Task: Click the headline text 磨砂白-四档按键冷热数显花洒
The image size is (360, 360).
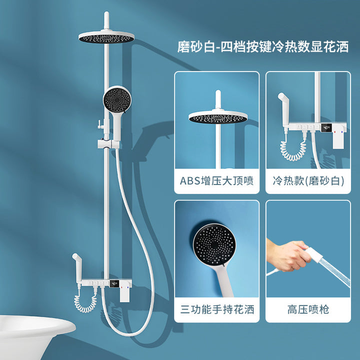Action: coord(263,46)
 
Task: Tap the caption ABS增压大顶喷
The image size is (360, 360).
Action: coord(216,180)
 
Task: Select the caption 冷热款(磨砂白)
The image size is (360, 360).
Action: coord(308,180)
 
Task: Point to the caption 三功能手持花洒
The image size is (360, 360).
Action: coord(217,309)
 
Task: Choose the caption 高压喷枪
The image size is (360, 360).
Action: coord(308,309)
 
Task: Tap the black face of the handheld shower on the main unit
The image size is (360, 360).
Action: coord(117,100)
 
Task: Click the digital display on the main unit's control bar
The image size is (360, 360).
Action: coord(114,284)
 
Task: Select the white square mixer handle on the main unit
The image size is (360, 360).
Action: coord(125,292)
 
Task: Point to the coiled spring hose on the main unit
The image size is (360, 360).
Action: coord(85,302)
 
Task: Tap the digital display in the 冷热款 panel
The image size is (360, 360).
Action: coord(326,127)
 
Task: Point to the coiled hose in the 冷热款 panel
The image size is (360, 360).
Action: coord(293,149)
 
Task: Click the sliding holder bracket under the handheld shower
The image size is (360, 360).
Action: coord(108,144)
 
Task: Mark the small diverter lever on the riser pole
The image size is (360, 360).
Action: coord(100,124)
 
